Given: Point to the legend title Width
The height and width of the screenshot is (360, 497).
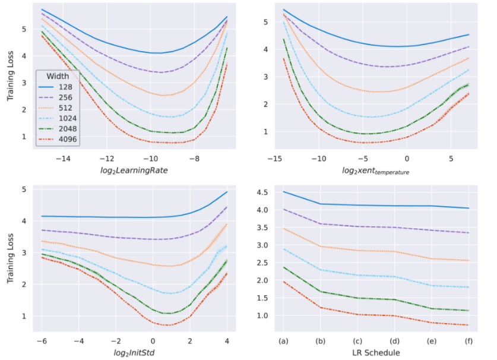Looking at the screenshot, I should coord(58,77).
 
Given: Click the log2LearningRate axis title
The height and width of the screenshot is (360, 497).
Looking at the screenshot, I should coord(135,170).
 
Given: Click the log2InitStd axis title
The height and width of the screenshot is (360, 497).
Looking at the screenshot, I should coord(134,352).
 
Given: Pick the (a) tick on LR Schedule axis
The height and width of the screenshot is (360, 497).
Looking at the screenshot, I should coord(284,340).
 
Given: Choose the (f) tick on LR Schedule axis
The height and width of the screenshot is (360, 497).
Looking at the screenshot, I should coord(468,340).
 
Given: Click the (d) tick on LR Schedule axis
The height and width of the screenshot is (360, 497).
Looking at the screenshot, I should coord(394,340).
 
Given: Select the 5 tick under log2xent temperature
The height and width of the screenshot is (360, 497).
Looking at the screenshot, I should coord(451,159).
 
